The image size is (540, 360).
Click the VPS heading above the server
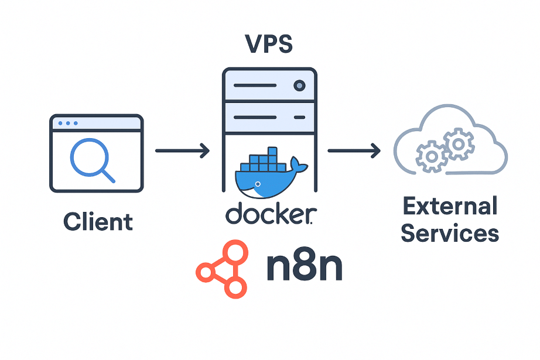coord(269,45)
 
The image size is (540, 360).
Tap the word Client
coord(98,222)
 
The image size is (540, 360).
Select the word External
coord(450,207)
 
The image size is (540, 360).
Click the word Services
coord(450,234)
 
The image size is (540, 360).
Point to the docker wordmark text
coord(271,215)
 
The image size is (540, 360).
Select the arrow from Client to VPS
coord(182,151)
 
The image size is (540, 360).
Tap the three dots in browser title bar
coord(67,124)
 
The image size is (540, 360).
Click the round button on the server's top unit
coord(299,86)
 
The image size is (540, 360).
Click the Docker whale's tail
coord(299,166)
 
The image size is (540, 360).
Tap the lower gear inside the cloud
coord(431,156)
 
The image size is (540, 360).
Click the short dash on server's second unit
coord(299,117)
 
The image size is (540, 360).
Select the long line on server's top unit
coord(255,86)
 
